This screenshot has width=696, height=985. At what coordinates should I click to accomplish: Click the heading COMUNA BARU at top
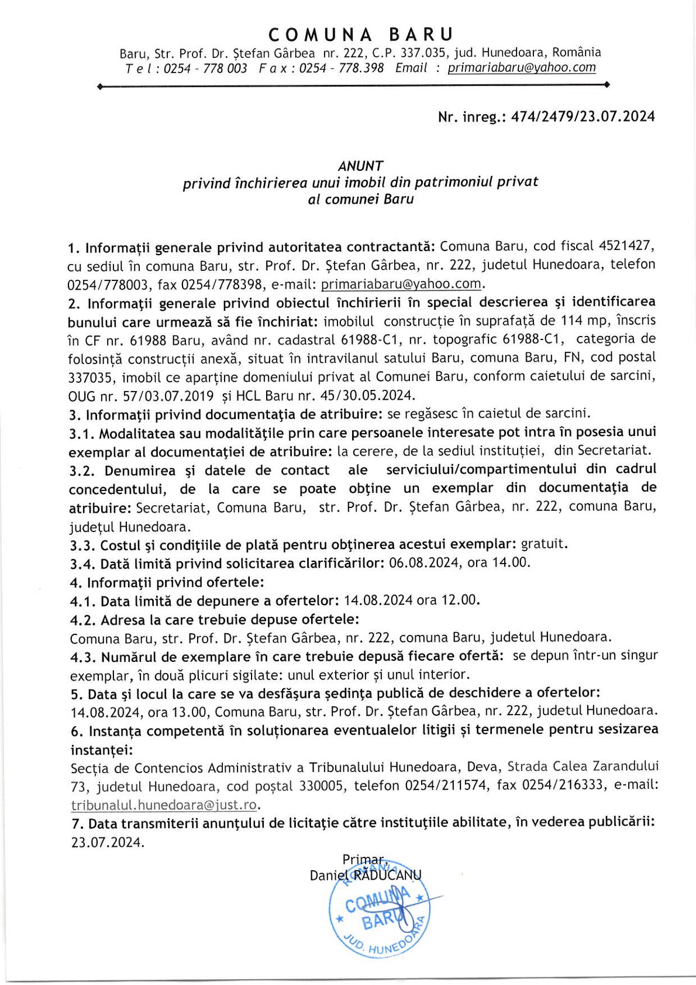click(361, 35)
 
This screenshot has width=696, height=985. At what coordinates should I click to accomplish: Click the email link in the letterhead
click(521, 68)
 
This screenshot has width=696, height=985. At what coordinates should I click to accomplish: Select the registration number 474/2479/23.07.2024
click(583, 116)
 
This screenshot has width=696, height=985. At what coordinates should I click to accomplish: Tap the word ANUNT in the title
click(360, 166)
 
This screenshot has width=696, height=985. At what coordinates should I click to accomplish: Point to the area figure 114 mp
click(585, 321)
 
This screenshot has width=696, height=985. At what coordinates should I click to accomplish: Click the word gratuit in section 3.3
click(543, 544)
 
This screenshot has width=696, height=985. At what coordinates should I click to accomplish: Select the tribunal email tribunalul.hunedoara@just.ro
click(163, 805)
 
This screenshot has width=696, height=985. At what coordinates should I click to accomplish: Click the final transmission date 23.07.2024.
click(107, 843)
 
